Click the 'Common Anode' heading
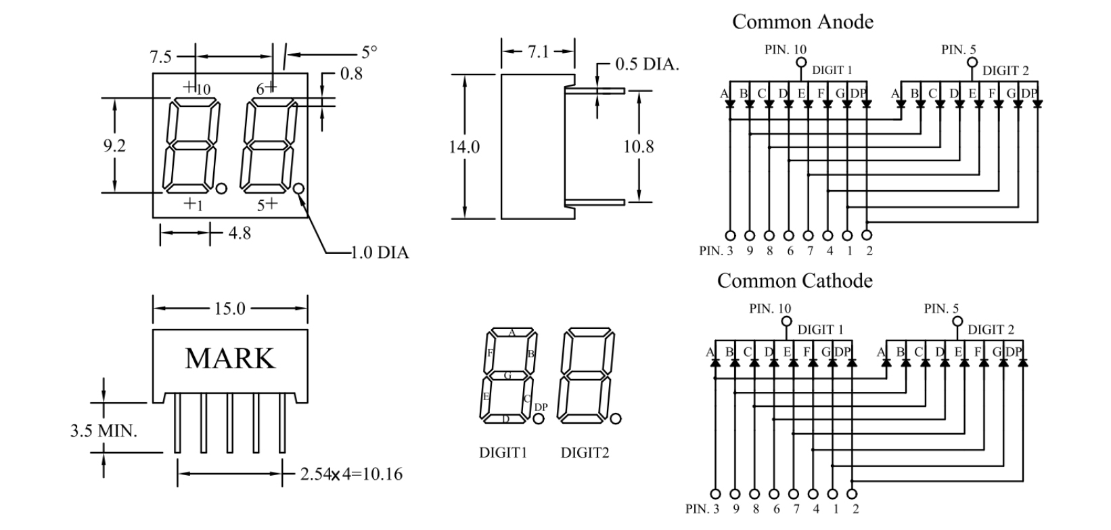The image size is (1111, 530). click(802, 22)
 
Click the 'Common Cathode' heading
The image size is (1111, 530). click(794, 280)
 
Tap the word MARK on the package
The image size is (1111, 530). click(230, 358)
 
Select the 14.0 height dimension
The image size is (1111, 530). click(464, 146)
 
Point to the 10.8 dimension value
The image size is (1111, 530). click(638, 146)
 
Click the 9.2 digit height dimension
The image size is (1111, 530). click(114, 145)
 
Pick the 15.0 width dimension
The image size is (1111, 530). click(229, 309)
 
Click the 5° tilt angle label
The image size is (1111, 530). click(369, 51)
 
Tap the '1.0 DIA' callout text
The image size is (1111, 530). click(380, 253)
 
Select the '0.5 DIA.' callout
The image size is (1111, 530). click(647, 64)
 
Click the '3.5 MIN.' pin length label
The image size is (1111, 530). click(104, 430)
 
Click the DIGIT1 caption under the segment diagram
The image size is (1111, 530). click(503, 453)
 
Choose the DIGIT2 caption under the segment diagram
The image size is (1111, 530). click(585, 453)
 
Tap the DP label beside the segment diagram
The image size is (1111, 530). click(541, 407)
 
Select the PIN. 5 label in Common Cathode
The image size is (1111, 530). click(941, 309)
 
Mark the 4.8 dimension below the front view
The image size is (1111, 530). click(240, 234)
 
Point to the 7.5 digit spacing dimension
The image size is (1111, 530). click(160, 57)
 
